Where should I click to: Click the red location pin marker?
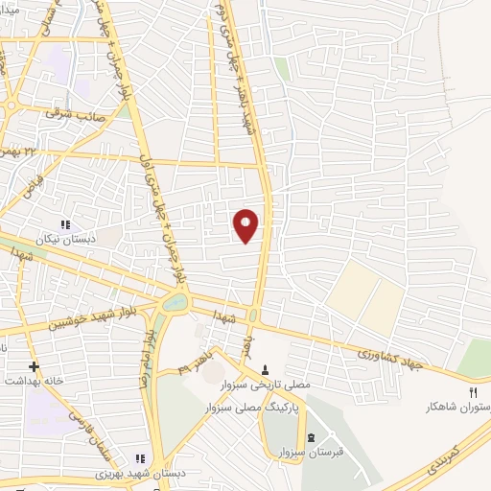[x=246, y=224]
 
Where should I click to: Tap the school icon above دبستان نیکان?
[x=65, y=224]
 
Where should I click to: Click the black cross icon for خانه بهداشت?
[x=34, y=366]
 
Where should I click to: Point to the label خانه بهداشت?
[x=33, y=381]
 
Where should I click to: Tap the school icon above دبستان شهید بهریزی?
[x=139, y=459]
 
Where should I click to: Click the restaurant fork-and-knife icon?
[x=472, y=391]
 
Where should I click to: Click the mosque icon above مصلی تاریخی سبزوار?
[x=266, y=369]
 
